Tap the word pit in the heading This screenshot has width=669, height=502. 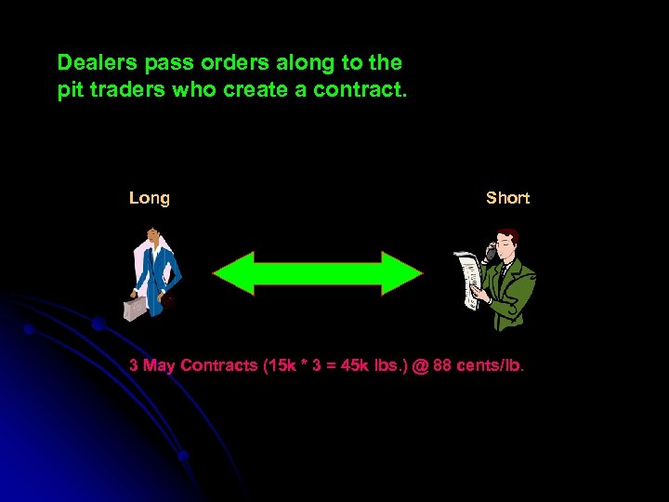[x=70, y=92]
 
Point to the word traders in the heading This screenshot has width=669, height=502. [x=125, y=92]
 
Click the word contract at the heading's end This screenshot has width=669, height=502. [x=365, y=92]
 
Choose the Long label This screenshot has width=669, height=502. [x=150, y=198]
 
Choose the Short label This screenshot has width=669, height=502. [x=507, y=198]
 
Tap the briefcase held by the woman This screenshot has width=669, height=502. [x=137, y=306]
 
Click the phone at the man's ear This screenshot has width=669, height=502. [x=491, y=252]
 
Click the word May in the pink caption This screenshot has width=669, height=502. [x=159, y=365]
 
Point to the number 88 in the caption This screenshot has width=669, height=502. [x=443, y=365]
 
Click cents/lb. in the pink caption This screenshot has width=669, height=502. [x=492, y=365]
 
